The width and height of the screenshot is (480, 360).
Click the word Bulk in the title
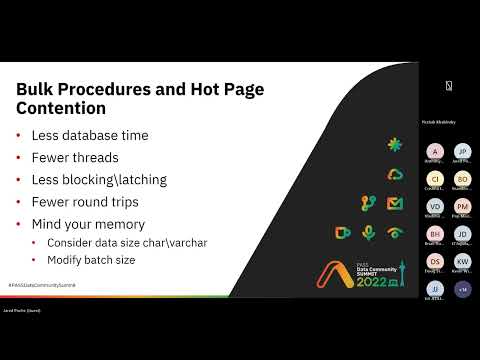38,89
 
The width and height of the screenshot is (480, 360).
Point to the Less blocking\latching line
96,179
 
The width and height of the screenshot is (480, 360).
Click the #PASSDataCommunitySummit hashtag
42,285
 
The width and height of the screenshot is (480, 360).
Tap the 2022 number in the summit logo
358,281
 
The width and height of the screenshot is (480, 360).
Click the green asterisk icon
394,144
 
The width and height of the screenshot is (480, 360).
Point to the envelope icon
394,203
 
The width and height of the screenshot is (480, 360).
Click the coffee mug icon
342,232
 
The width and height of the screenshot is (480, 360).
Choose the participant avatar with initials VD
434,206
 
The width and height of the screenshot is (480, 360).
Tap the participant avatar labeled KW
462,261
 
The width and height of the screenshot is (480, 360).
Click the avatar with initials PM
462,206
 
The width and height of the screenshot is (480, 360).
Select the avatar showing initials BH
434,233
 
